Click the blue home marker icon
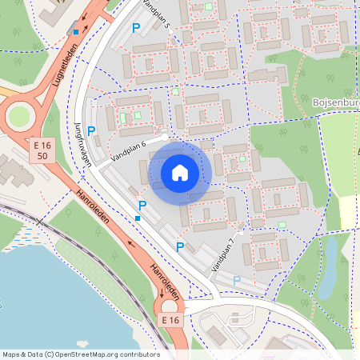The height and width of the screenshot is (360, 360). tap(180, 172)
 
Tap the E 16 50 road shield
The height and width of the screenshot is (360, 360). tap(46, 150)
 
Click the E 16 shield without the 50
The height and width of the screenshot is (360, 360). tap(170, 320)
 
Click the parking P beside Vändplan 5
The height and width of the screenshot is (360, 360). tap(136, 28)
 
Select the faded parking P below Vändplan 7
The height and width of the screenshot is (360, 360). tap(236, 280)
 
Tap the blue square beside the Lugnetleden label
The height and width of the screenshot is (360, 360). tap(76, 31)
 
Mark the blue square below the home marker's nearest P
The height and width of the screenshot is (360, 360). tap(138, 218)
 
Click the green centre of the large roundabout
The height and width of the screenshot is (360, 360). tap(18, 117)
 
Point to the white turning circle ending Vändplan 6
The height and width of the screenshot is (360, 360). tap(165, 138)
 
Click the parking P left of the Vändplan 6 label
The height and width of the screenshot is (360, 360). tap(91, 130)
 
